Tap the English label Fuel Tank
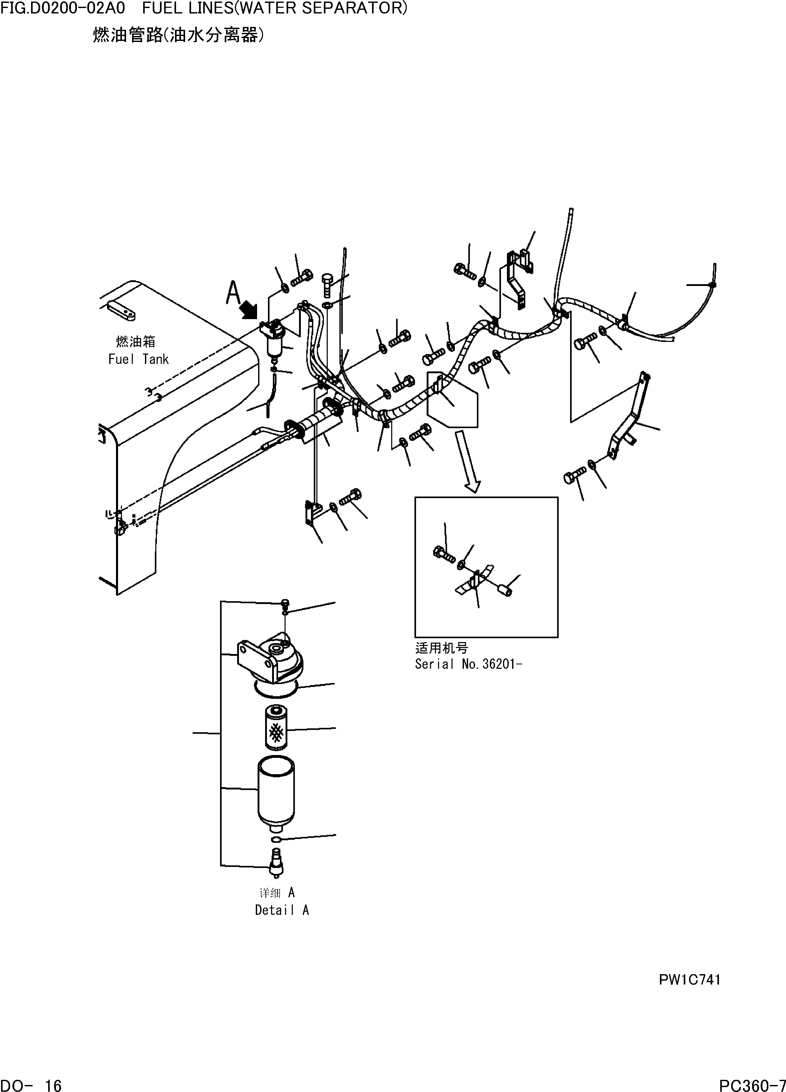pyautogui.click(x=138, y=359)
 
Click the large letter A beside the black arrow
pyautogui.click(x=234, y=292)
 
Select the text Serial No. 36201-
pyautogui.click(x=468, y=664)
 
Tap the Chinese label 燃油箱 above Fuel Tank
pyautogui.click(x=136, y=342)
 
